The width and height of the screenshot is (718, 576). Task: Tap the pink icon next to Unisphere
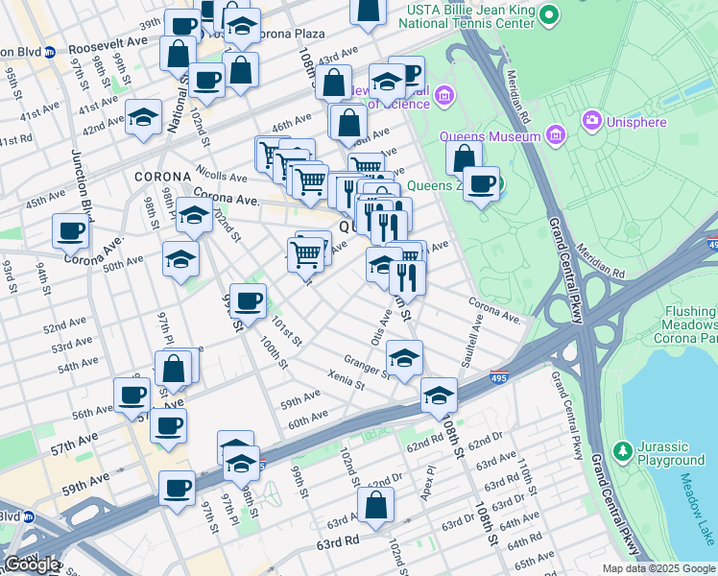[591, 121]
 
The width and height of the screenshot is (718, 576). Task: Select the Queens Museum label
[490, 137]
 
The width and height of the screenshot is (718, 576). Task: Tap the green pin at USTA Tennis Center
[549, 15]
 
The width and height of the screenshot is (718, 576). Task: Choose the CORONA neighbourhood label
[157, 178]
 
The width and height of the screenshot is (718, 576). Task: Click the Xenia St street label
[347, 380]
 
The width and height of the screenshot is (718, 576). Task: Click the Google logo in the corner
[31, 564]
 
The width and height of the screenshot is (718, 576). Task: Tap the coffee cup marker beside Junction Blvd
[71, 230]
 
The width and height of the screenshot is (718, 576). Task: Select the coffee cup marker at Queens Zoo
[482, 182]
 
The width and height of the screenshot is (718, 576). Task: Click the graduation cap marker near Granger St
[405, 358]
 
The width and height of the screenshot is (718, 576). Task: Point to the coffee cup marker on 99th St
[249, 301]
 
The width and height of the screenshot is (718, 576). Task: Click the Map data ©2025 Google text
[658, 568]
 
